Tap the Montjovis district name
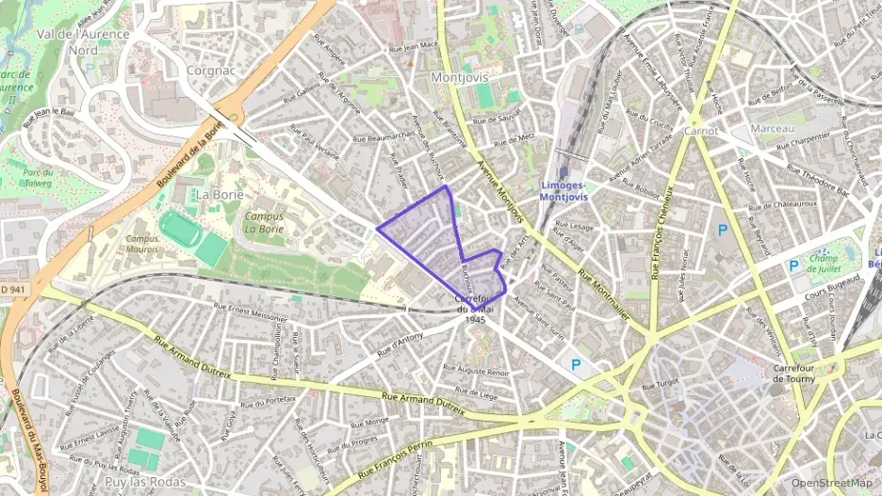456,76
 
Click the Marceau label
773,128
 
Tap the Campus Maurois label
142,244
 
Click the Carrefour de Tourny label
793,373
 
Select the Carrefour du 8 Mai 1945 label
475,309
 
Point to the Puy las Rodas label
142,482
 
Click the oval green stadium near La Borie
179,229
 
